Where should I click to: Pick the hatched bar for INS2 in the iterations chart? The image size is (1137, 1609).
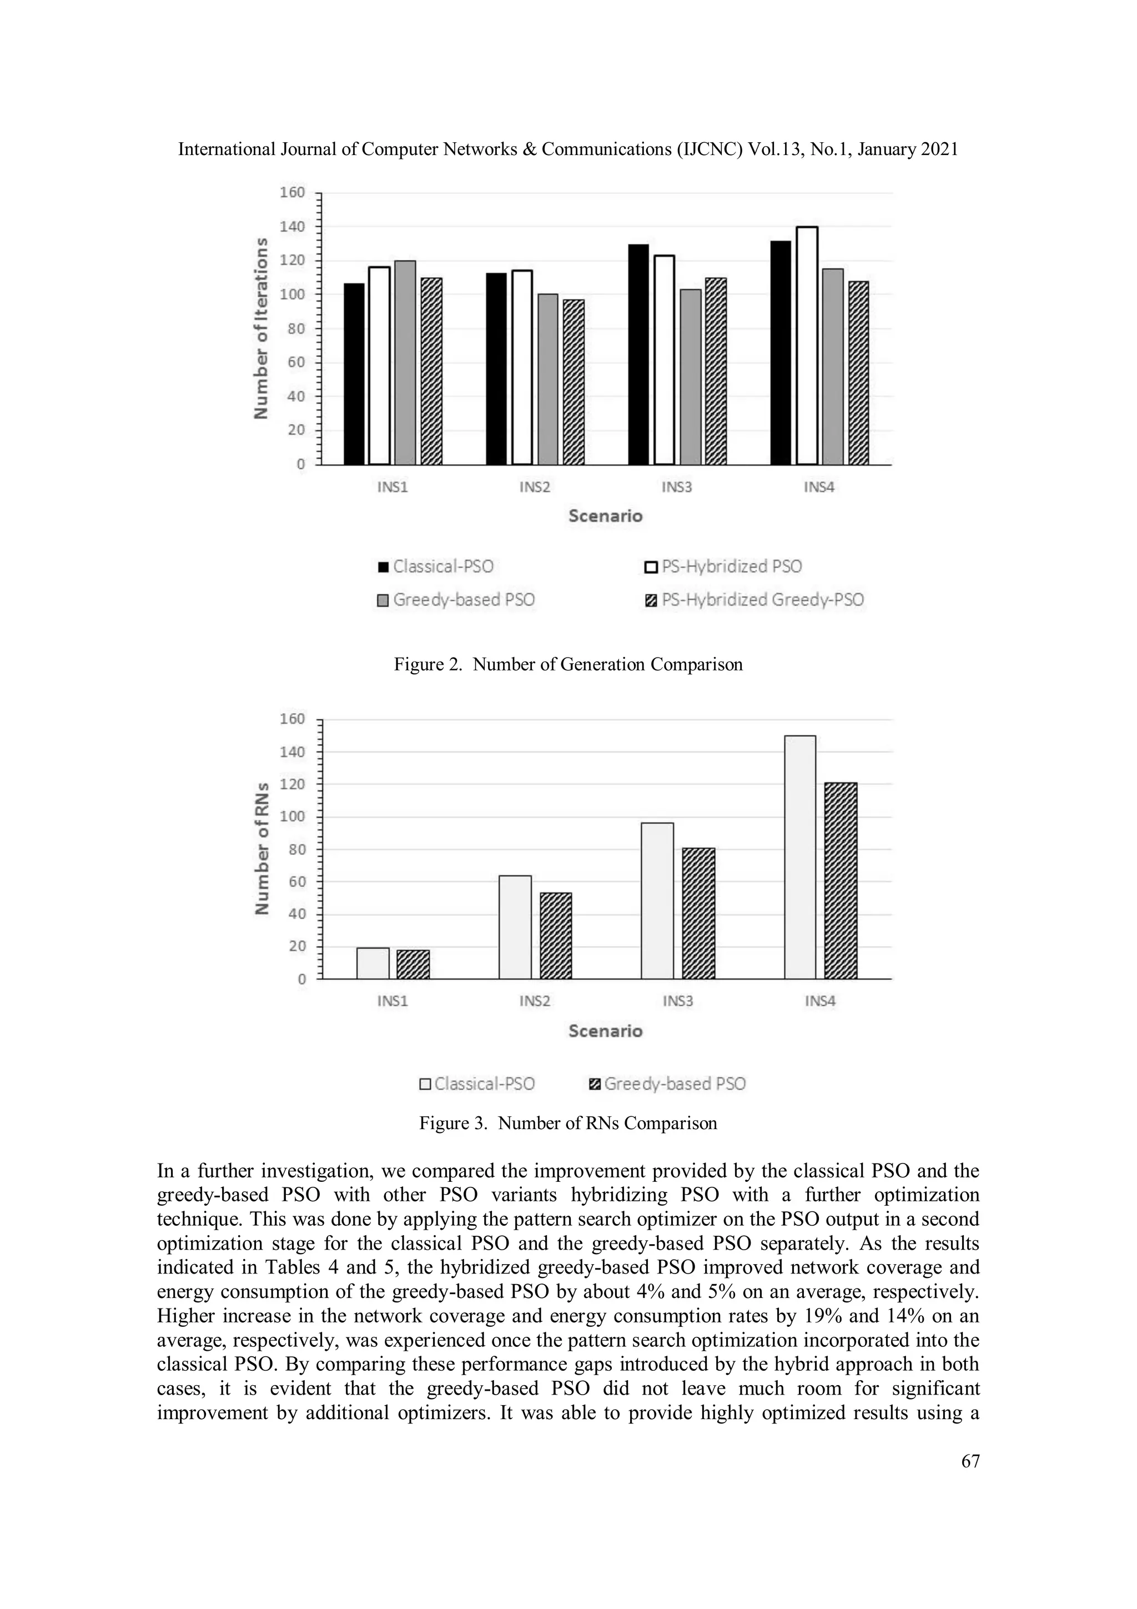573,382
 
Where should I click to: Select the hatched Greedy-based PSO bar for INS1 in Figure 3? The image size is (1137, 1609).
413,964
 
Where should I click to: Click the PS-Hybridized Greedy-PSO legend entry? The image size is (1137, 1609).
754,600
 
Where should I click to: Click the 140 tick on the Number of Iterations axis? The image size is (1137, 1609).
291,227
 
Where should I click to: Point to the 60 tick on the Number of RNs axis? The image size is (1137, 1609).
292,881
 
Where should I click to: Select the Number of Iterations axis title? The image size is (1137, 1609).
260,328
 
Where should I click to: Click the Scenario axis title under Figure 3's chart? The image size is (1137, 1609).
605,1031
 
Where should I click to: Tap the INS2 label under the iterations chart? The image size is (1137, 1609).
535,487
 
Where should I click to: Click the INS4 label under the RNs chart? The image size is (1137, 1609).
819,1001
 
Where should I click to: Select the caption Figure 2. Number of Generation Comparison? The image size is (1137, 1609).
567,664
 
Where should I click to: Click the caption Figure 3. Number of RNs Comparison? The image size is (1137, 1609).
567,1124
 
